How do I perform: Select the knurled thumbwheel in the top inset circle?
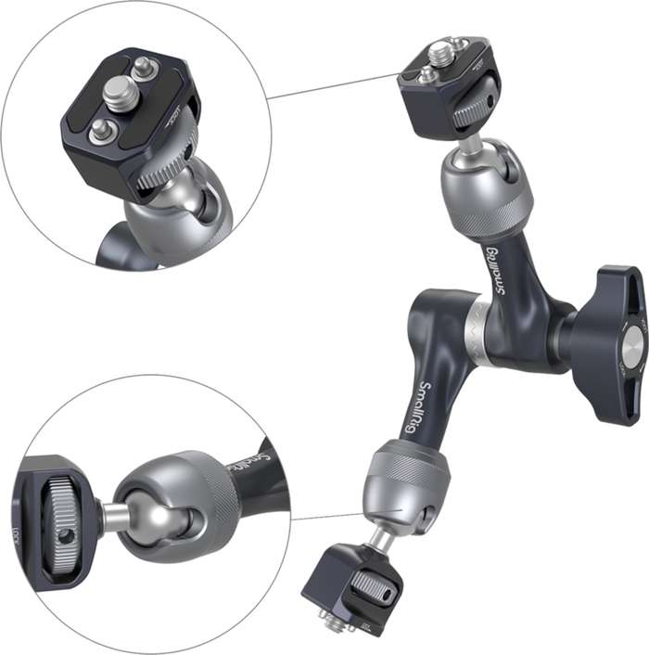pyautogui.click(x=168, y=164)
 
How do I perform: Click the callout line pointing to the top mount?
pyautogui.click(x=334, y=86)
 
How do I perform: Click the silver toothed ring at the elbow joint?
pyautogui.click(x=476, y=328)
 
